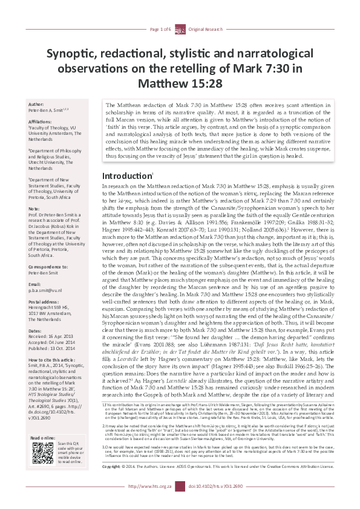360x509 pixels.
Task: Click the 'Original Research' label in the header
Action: click(204, 29)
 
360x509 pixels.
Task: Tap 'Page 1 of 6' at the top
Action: click(161, 29)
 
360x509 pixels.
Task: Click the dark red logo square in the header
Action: click(180, 29)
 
